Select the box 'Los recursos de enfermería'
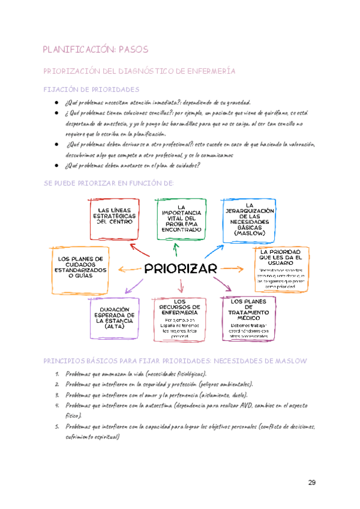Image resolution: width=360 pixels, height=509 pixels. click(179, 319)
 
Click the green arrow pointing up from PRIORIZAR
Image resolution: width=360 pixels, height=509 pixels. click(175, 248)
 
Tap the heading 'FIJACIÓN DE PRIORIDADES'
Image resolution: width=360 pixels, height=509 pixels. click(91, 89)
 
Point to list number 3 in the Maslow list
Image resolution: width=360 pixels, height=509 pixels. click(56, 395)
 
